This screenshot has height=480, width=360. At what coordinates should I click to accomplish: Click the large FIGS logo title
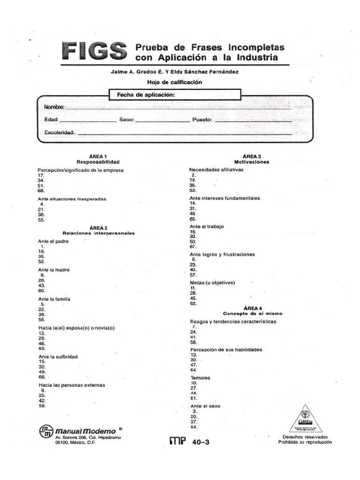[94, 51]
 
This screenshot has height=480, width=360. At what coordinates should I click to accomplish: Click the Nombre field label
[54, 107]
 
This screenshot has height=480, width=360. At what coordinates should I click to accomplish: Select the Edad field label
[51, 120]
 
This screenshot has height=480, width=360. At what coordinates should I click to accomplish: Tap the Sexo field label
[127, 120]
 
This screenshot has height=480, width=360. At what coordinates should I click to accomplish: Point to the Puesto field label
[202, 120]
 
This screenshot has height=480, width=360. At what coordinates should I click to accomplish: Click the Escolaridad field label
[59, 133]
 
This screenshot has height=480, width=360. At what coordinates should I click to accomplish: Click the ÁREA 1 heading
[98, 156]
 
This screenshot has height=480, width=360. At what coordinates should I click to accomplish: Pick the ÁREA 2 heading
[98, 228]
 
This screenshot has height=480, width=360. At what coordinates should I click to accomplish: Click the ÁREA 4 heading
[253, 308]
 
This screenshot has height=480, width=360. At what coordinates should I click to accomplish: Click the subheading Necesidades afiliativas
[216, 170]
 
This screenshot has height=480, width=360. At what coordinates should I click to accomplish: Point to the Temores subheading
[200, 378]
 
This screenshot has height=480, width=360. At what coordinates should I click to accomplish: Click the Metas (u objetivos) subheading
[212, 283]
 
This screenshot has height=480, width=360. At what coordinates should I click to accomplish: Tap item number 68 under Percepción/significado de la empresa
[41, 191]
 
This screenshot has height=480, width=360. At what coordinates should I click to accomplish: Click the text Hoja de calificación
[167, 82]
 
